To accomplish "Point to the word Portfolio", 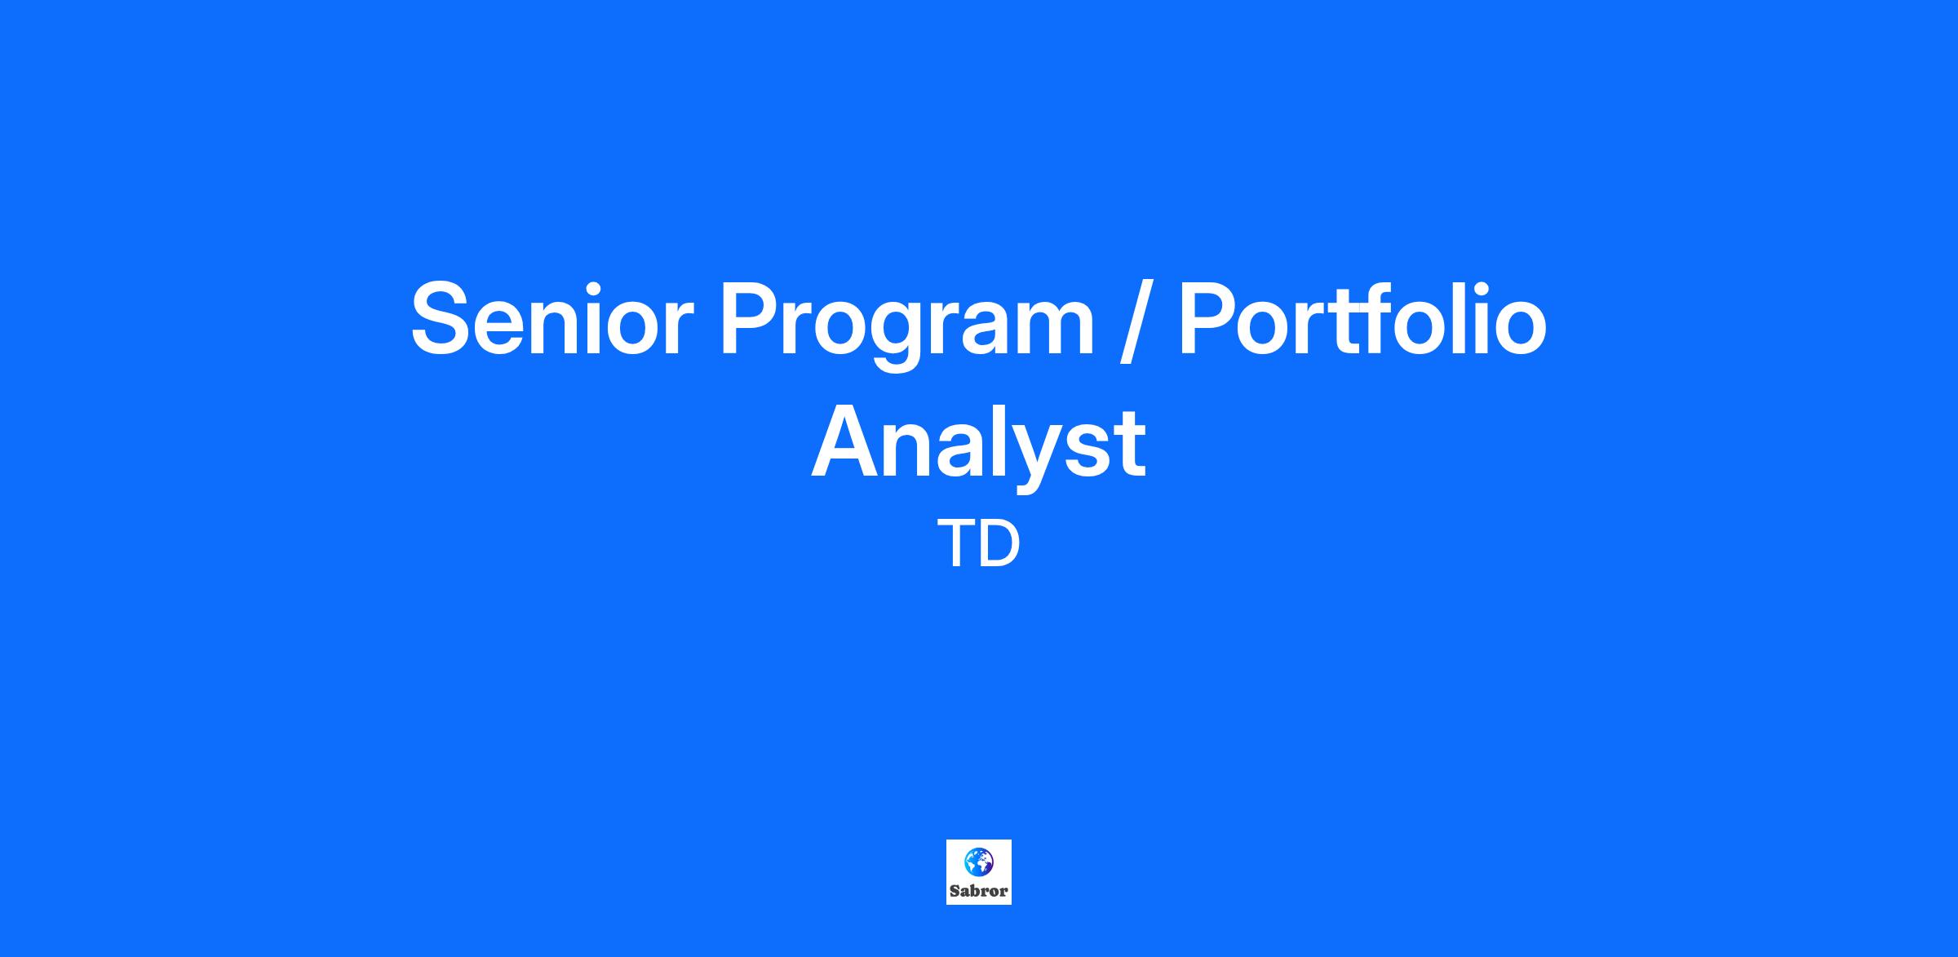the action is (1362, 319).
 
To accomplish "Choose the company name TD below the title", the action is (979, 544).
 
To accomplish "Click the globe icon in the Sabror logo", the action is (978, 862).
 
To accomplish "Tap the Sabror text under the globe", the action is (979, 891).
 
